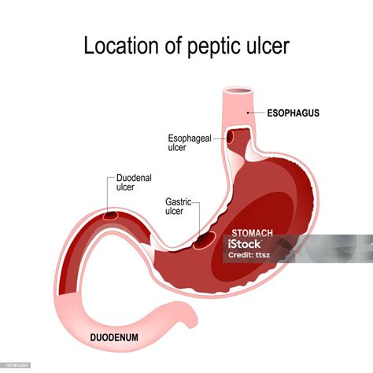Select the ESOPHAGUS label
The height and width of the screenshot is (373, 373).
(x=292, y=113)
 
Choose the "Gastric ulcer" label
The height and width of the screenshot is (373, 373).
(x=180, y=207)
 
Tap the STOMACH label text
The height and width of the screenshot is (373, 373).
(x=251, y=234)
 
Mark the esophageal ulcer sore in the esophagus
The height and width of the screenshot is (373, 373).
(x=235, y=137)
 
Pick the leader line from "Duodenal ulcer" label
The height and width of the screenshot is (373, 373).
(x=109, y=193)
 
